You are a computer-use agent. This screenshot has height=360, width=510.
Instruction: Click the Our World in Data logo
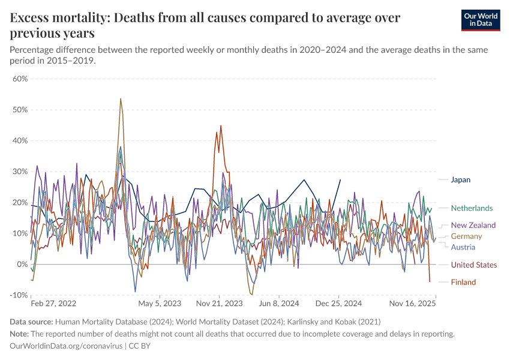pyautogui.click(x=477, y=20)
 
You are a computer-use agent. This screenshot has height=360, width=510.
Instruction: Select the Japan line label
pyautogui.click(x=460, y=179)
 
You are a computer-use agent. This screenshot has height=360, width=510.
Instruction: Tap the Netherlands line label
pyautogui.click(x=472, y=208)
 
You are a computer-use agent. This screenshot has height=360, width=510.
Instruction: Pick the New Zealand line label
pyautogui.click(x=473, y=225)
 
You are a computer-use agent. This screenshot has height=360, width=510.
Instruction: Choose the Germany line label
pyautogui.click(x=466, y=236)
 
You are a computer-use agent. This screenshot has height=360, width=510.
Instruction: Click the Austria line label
pyautogui.click(x=463, y=247)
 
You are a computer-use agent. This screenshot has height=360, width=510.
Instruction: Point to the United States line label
pyautogui.click(x=473, y=265)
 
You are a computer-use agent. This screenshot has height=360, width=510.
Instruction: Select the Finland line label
pyautogui.click(x=463, y=282)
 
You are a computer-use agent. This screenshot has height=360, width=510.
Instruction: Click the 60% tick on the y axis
pyautogui.click(x=20, y=79)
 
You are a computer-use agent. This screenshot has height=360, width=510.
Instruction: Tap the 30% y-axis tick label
pyautogui.click(x=20, y=172)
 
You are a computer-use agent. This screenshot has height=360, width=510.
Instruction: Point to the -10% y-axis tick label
pyautogui.click(x=19, y=295)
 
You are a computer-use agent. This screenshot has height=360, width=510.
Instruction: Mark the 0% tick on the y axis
pyautogui.click(x=22, y=265)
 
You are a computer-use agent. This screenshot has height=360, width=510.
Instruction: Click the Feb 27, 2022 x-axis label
pyautogui.click(x=53, y=304)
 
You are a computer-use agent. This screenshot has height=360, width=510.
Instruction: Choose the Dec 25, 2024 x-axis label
pyautogui.click(x=339, y=304)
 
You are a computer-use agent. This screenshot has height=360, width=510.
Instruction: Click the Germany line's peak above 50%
pyautogui.click(x=121, y=99)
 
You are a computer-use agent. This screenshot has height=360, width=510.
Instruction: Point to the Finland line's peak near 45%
pyautogui.click(x=221, y=126)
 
